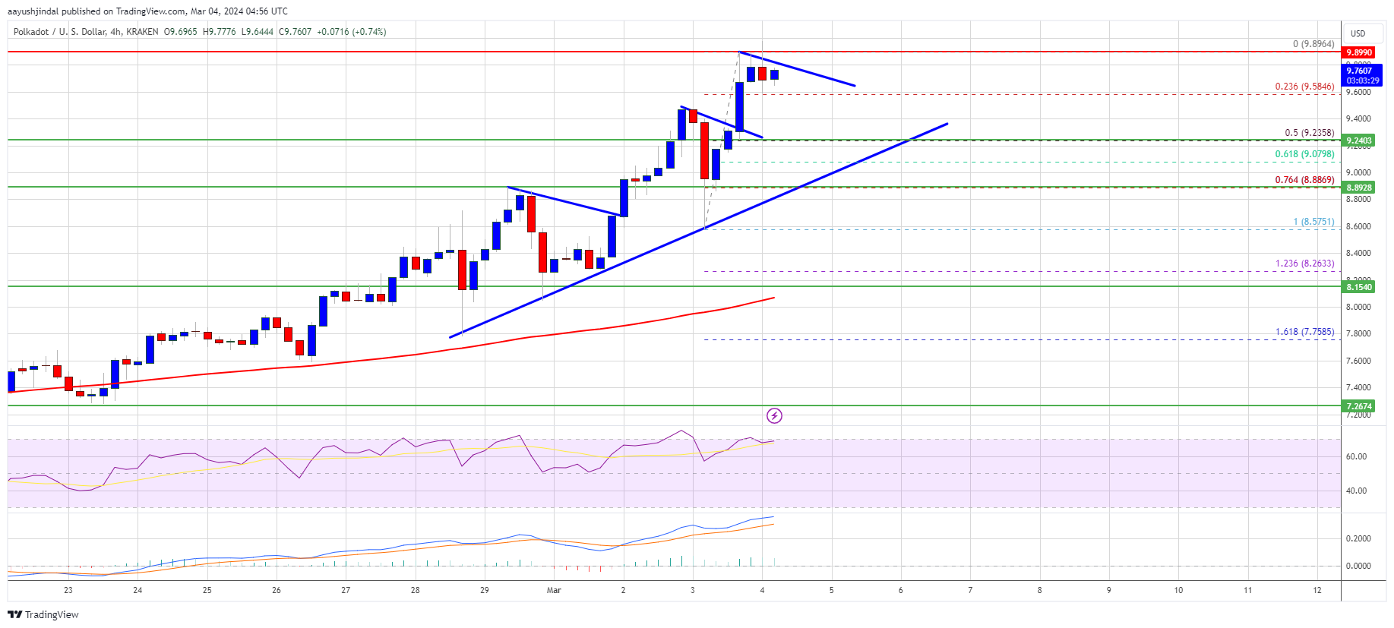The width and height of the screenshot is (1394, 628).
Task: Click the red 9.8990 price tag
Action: [x=1359, y=52]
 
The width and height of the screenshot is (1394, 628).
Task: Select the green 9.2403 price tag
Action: [x=1359, y=140]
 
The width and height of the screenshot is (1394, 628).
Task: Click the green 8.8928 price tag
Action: [x=1359, y=188]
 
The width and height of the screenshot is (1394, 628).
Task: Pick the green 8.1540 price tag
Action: [x=1359, y=287]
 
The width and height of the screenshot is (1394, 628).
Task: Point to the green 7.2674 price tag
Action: [x=1359, y=406]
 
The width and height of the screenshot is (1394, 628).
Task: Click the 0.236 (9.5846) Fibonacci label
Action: [x=1304, y=87]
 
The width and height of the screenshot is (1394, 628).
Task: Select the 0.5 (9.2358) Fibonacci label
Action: [x=1309, y=133]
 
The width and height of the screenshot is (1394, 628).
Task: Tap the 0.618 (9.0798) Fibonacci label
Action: [x=1304, y=154]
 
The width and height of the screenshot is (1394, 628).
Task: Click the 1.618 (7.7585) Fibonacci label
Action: [x=1304, y=332]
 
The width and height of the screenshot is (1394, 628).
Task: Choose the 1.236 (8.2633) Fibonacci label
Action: [x=1304, y=264]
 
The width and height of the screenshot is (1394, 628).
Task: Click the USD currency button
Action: [x=1358, y=33]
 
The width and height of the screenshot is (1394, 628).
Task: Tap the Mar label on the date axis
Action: [x=554, y=590]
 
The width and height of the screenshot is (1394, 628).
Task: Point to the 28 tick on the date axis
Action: [x=415, y=590]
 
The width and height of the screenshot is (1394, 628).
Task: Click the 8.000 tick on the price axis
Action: [x=1358, y=307]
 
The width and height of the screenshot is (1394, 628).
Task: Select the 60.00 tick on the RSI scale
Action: [x=1356, y=456]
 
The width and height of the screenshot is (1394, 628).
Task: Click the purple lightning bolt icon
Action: [x=774, y=415]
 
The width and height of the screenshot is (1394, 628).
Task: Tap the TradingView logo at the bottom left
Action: [x=43, y=614]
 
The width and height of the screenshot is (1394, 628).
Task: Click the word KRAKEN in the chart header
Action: [x=143, y=32]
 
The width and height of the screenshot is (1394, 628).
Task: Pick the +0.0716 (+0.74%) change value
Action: [x=351, y=32]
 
